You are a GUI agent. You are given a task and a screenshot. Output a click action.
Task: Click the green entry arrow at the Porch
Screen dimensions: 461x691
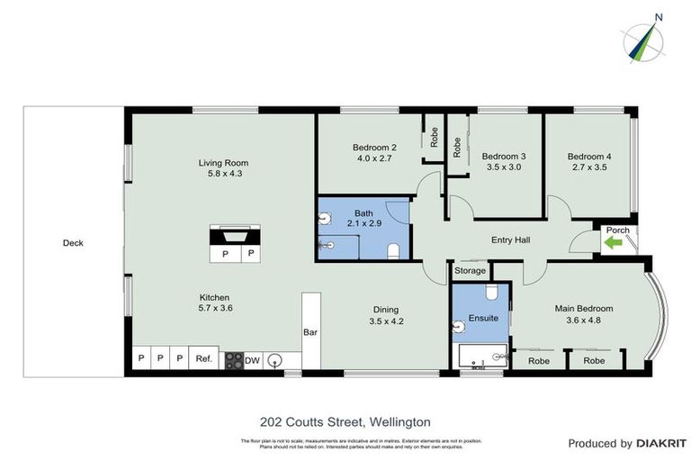coord(616,244)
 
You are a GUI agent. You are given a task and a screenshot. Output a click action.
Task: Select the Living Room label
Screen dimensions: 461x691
coord(221,163)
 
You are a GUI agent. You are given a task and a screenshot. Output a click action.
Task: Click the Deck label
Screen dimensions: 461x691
coord(73,242)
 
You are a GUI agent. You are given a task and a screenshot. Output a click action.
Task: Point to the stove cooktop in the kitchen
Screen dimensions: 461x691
coord(233,359)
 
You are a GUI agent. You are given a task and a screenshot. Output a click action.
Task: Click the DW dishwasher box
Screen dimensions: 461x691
coord(253,359)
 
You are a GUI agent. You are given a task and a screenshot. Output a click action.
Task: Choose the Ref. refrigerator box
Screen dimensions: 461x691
coord(204,359)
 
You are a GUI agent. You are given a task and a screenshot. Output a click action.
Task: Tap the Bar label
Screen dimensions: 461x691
coord(310,331)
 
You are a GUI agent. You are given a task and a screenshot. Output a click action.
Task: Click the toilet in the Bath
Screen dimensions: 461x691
coord(393,249)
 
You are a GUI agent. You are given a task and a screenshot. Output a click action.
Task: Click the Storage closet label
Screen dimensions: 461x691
coord(470,270)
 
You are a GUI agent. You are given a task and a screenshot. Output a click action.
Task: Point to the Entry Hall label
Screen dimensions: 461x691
coord(510,240)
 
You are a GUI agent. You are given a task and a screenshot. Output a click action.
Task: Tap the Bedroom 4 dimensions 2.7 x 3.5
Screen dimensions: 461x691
coord(588,167)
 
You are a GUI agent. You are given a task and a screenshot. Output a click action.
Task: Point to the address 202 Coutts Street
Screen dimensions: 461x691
coord(345,421)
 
